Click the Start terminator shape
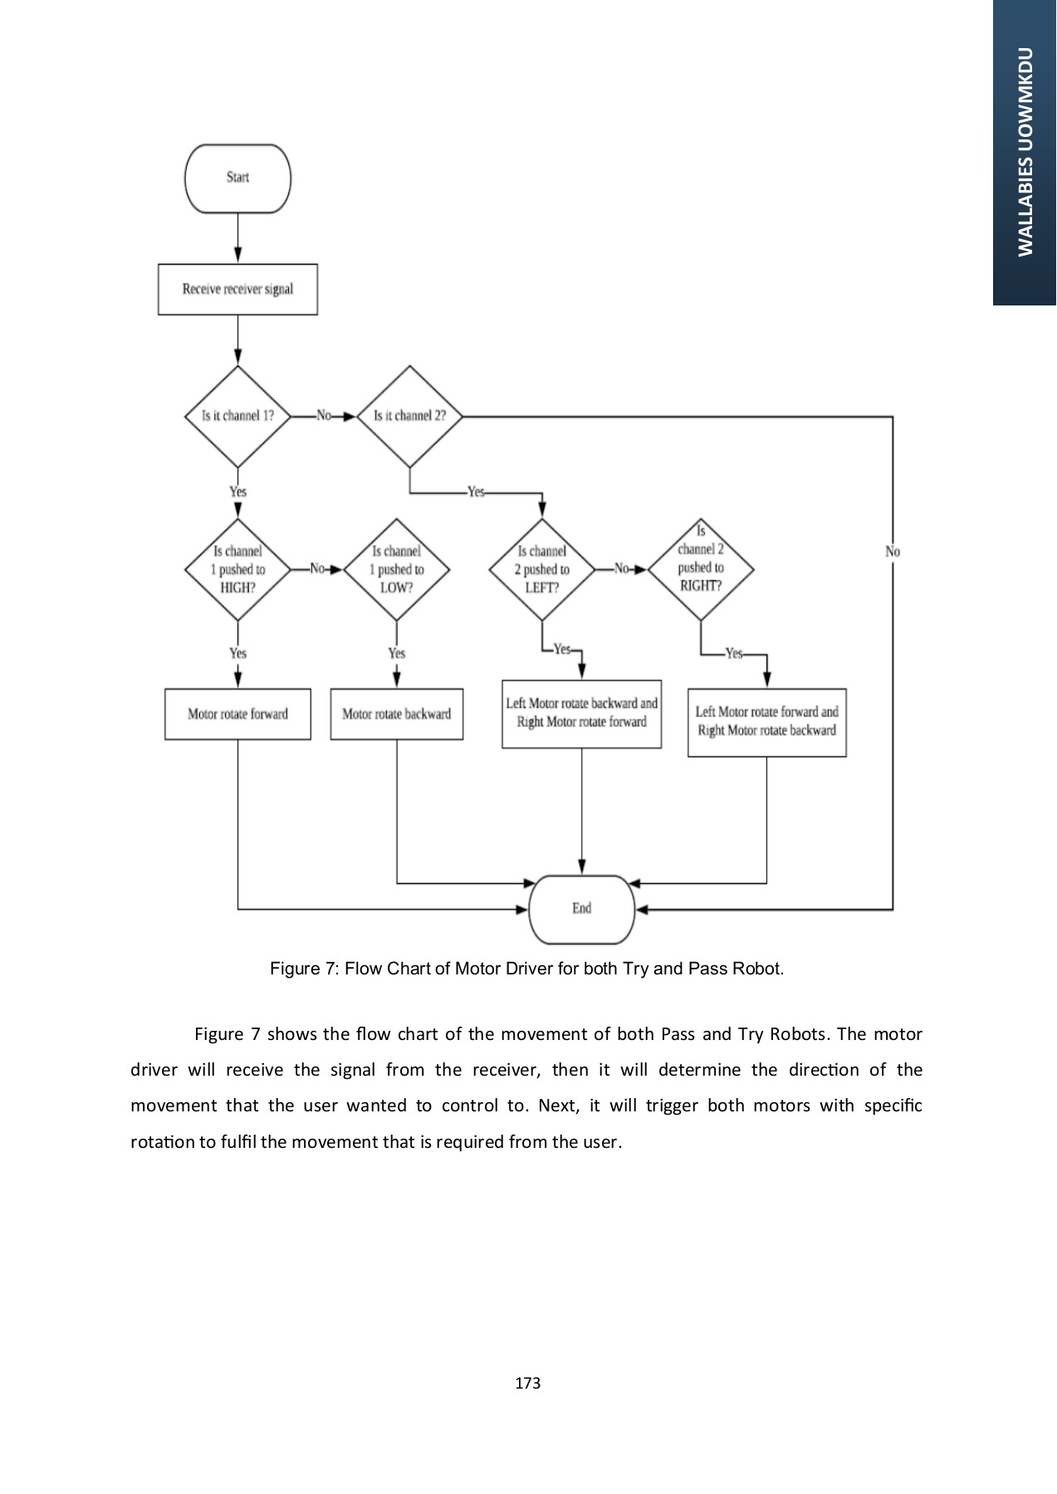tap(237, 178)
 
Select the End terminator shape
tap(581, 909)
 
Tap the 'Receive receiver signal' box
tap(237, 290)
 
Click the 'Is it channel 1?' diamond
tap(237, 416)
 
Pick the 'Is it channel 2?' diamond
tap(409, 416)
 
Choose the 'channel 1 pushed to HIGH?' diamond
tap(237, 569)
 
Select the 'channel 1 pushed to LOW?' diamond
tap(396, 569)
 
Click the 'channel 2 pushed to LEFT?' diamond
tap(541, 569)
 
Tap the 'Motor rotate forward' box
tap(237, 714)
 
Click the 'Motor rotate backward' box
tap(396, 714)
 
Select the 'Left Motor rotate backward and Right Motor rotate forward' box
tap(581, 714)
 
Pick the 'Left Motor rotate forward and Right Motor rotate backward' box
tap(766, 722)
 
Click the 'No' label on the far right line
tap(893, 551)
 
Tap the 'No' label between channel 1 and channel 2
tap(324, 416)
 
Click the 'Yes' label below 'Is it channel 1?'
tap(237, 491)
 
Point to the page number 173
tap(527, 1383)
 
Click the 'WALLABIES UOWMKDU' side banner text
tap(1025, 152)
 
